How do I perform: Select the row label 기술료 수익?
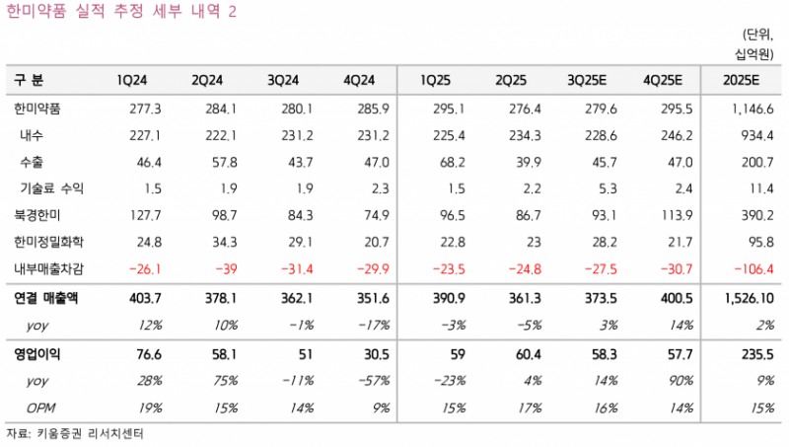52,187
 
